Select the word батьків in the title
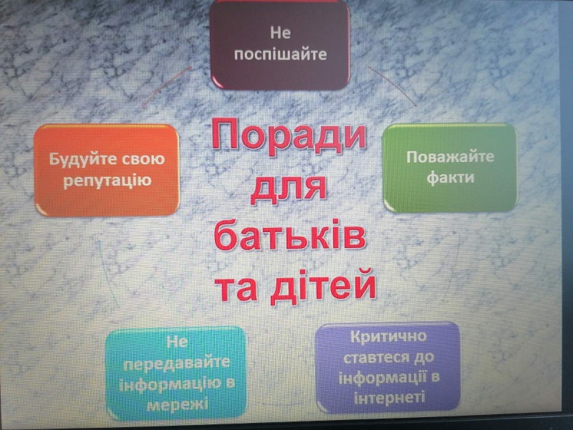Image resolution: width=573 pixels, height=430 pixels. pyautogui.click(x=290, y=234)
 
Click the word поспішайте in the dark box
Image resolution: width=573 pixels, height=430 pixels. pyautogui.click(x=280, y=54)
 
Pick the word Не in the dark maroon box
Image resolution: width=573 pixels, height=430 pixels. pyautogui.click(x=280, y=33)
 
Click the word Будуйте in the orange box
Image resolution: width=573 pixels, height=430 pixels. pyautogui.click(x=82, y=160)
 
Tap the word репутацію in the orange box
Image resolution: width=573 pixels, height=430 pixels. pyautogui.click(x=107, y=181)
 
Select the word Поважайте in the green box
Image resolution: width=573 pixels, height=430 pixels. pyautogui.click(x=451, y=157)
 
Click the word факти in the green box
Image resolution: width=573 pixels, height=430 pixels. pyautogui.click(x=451, y=178)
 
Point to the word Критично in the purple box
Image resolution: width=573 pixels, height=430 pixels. pyautogui.click(x=388, y=336)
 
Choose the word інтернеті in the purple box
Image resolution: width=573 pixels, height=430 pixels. pyautogui.click(x=390, y=397)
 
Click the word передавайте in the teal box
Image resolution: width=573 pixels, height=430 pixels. pyautogui.click(x=176, y=363)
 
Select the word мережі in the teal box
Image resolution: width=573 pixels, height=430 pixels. pyautogui.click(x=177, y=404)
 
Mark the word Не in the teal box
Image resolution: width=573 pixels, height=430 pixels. pyautogui.click(x=177, y=342)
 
